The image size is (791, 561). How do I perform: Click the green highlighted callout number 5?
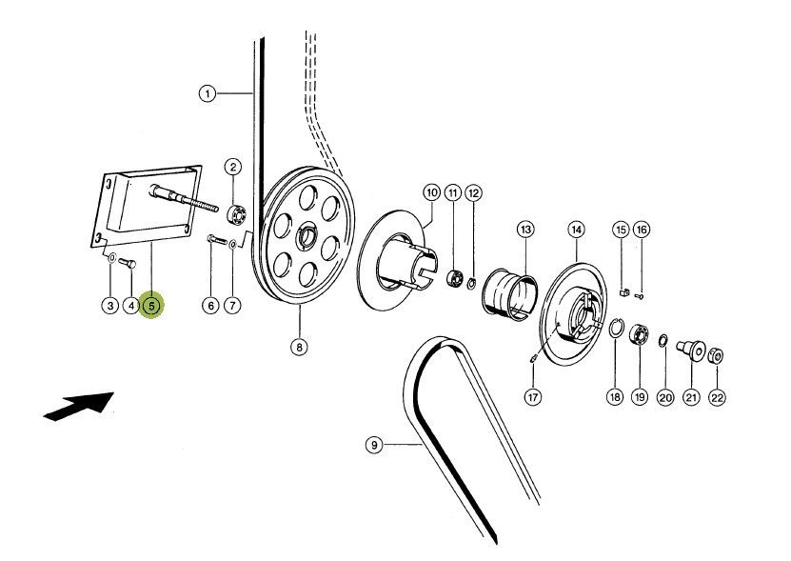point(151,306)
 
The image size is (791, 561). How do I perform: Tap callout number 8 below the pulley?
point(299,348)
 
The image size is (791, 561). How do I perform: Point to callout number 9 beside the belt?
point(374,444)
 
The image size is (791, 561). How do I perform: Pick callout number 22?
point(717,396)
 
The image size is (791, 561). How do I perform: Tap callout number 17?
point(533,396)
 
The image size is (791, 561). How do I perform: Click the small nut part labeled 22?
point(716,357)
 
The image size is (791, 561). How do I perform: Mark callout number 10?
point(431,192)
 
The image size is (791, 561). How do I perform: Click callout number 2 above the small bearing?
point(233,167)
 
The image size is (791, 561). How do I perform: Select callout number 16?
point(641,230)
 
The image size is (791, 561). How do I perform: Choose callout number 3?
point(110,306)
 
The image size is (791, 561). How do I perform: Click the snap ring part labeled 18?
point(615,330)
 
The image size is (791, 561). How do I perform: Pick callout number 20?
point(664,396)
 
